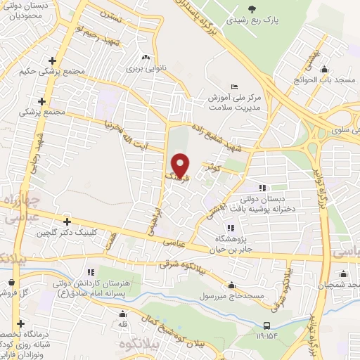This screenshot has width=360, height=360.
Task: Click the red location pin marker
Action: pos(181,165)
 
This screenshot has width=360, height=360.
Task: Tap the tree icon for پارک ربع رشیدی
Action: pos(252,8)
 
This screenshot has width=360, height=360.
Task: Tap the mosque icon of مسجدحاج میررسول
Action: pos(231,285)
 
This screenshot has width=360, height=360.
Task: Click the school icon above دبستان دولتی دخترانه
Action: pos(262,188)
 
